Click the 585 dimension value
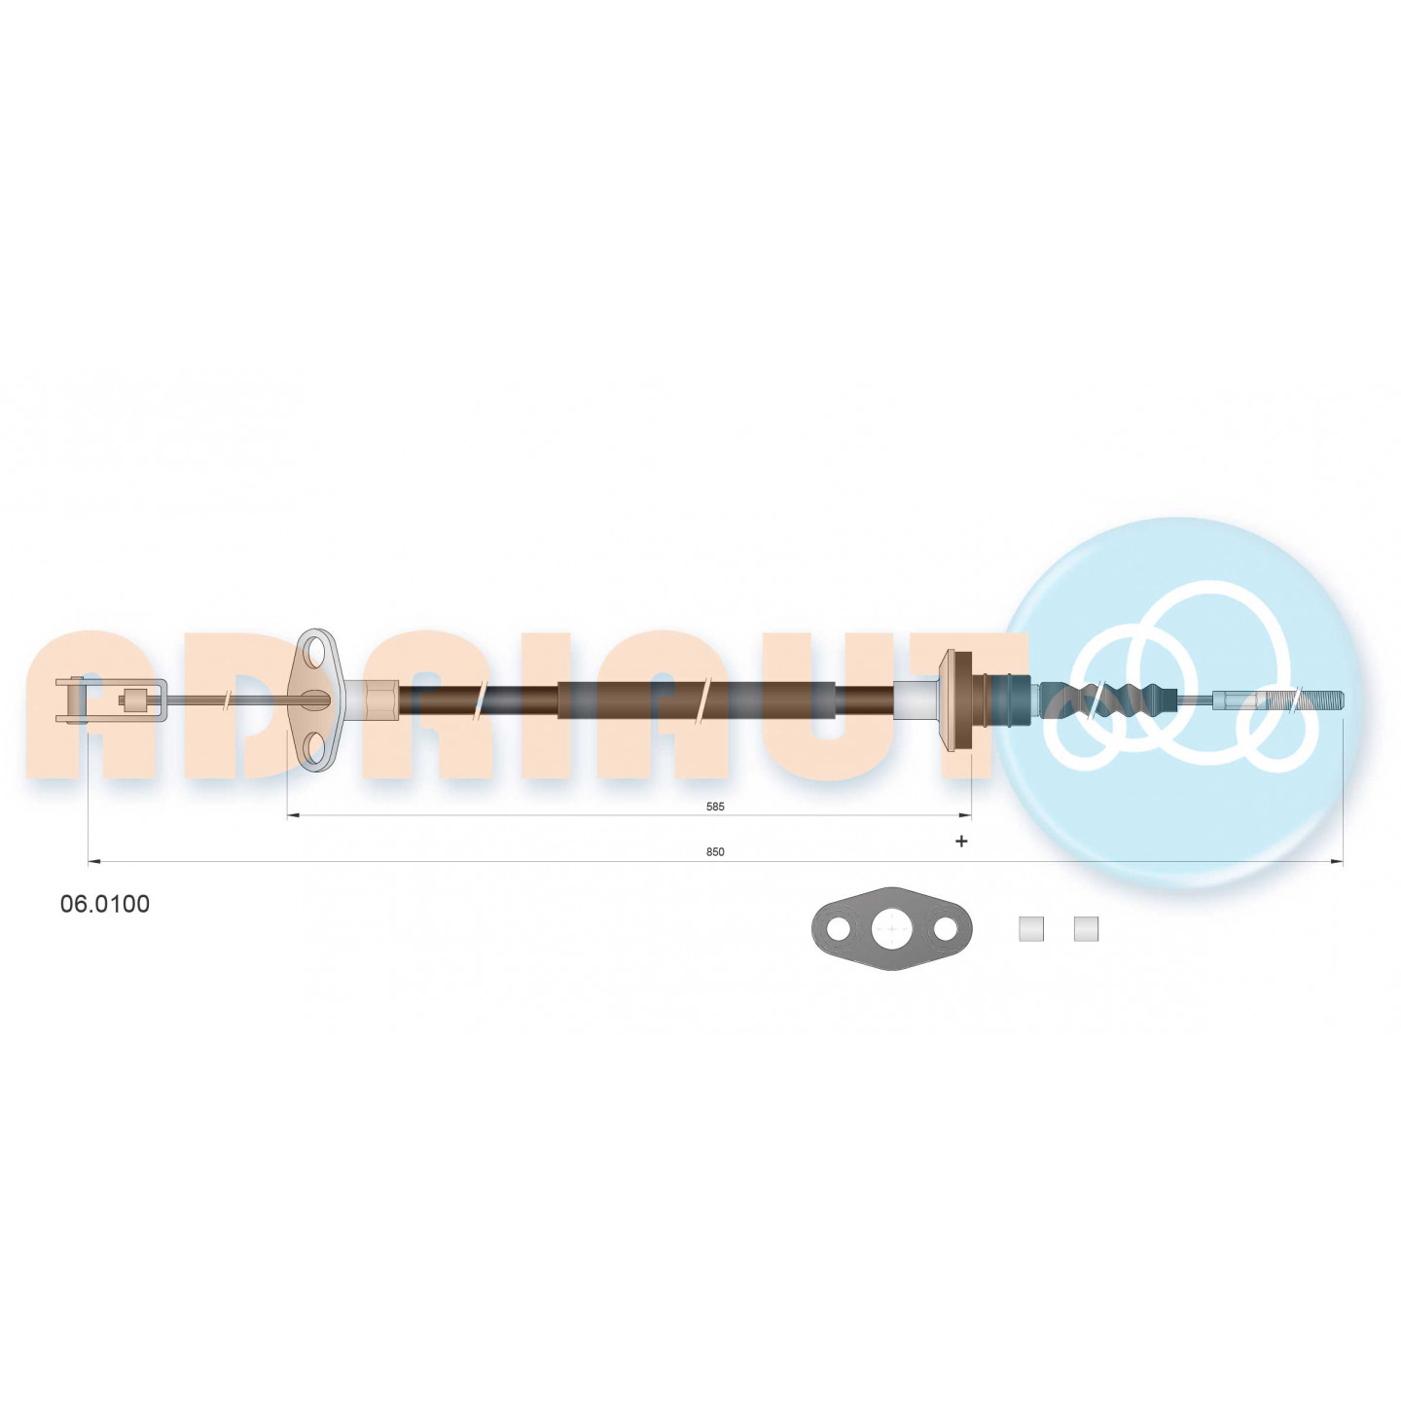(715, 807)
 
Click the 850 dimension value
(715, 851)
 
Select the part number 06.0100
(105, 904)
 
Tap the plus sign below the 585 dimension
(961, 842)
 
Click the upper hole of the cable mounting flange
(315, 649)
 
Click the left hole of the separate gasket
(839, 928)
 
